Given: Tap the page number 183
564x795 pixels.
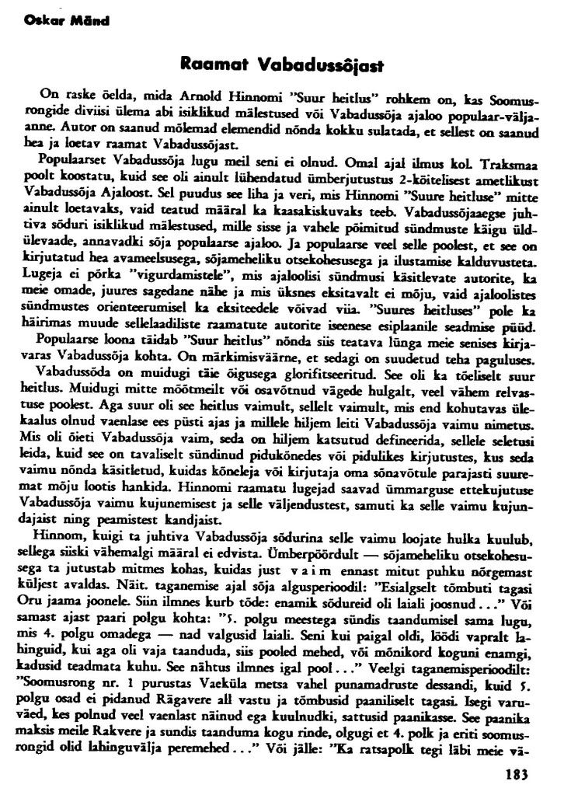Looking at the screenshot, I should click(517, 773).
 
